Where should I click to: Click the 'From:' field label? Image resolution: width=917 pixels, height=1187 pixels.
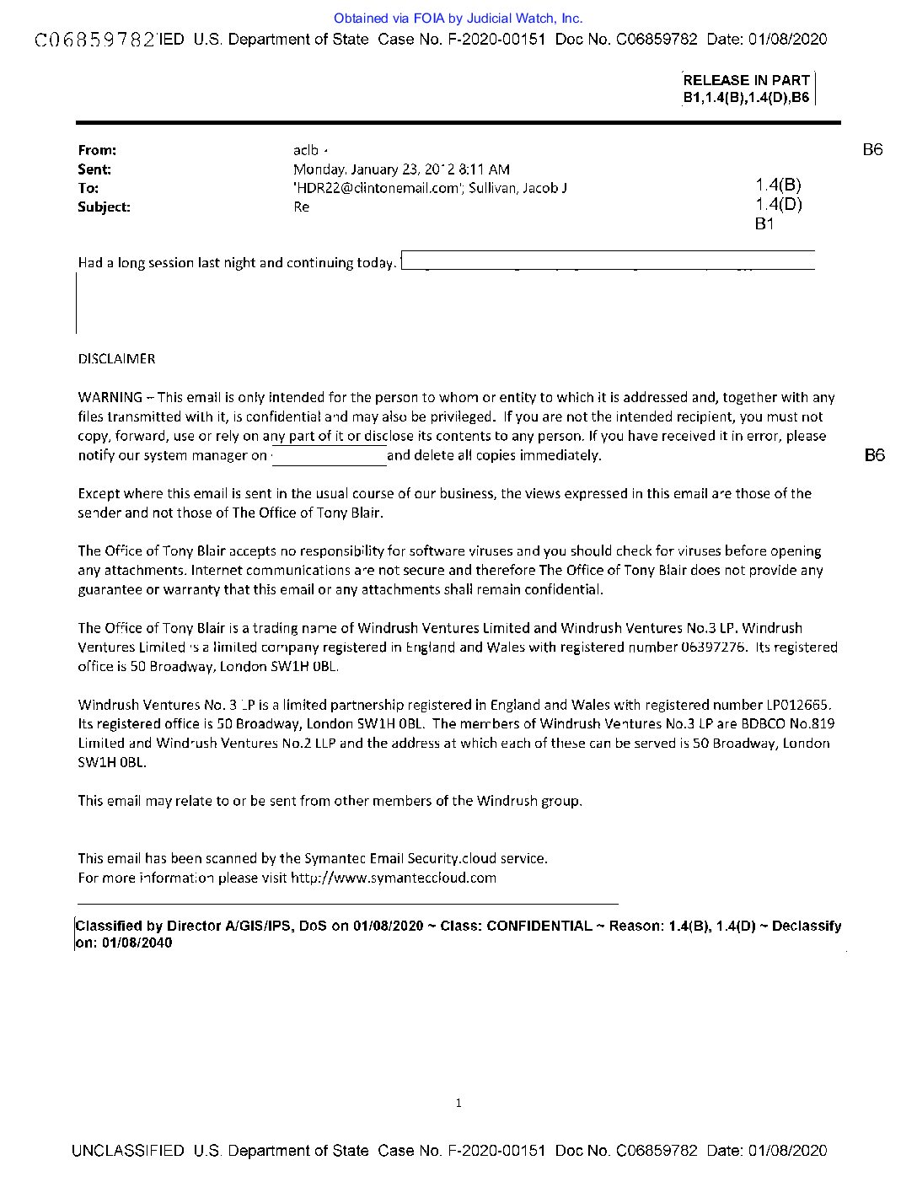(x=97, y=150)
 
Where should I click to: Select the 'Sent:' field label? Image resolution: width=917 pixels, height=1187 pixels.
(x=94, y=169)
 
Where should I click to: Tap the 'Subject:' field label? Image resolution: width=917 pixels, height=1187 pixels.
(x=104, y=207)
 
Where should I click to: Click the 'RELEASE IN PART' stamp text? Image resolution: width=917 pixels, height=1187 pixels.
(x=746, y=81)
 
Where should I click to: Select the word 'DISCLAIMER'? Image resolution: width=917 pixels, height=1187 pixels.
(x=116, y=359)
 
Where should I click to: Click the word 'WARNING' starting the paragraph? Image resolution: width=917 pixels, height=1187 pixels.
(x=110, y=397)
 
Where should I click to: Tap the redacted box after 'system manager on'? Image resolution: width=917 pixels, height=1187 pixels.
(x=328, y=456)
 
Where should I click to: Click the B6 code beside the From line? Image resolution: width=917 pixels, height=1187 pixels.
(x=872, y=150)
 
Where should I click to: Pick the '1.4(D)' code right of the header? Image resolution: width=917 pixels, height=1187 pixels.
(x=778, y=205)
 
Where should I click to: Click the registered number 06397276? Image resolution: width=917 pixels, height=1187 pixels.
(x=713, y=647)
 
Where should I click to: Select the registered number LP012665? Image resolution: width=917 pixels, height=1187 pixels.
(x=796, y=705)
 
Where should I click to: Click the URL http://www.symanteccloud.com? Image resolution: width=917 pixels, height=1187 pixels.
(x=394, y=878)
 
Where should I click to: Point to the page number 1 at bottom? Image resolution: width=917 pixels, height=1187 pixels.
(x=458, y=1103)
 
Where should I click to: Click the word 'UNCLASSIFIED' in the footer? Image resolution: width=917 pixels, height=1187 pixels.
(x=128, y=1151)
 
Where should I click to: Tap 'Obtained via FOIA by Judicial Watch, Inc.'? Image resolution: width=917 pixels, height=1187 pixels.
(x=458, y=18)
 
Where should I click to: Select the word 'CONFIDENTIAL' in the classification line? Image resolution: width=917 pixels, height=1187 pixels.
(x=539, y=926)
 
